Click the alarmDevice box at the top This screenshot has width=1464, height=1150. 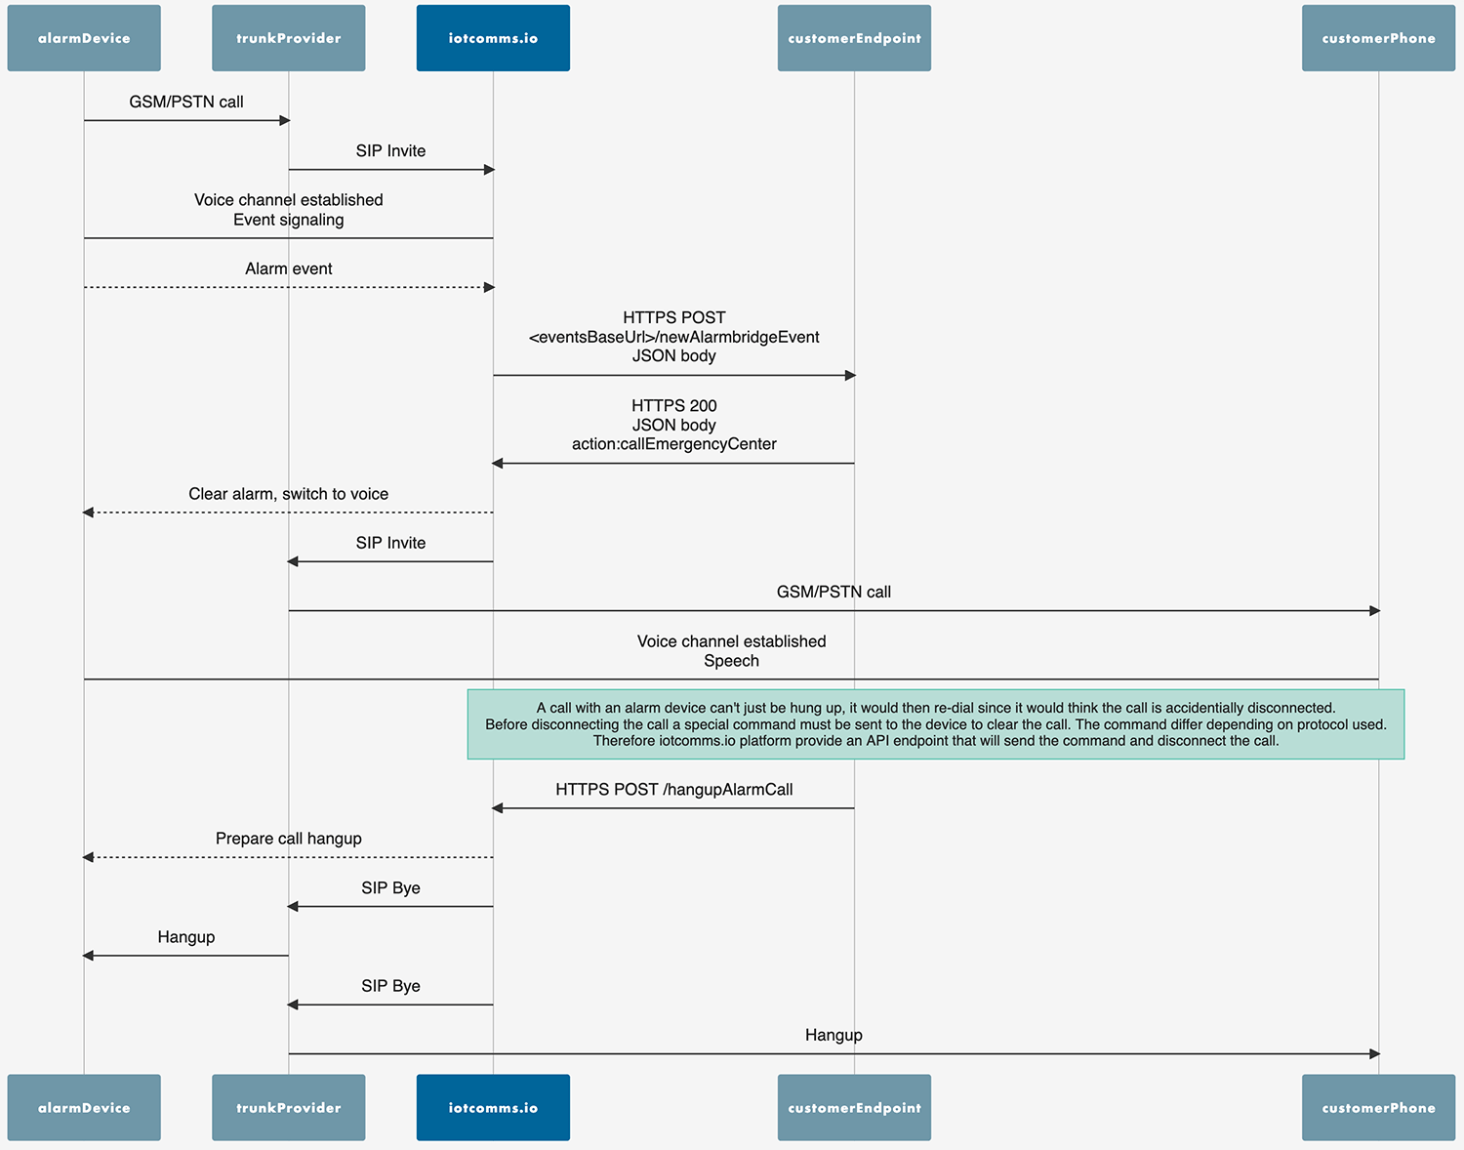pyautogui.click(x=84, y=38)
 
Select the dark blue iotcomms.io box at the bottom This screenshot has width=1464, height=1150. pyautogui.click(x=493, y=1107)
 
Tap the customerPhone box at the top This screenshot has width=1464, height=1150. pyautogui.click(x=1378, y=38)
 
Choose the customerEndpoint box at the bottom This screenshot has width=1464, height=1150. pyautogui.click(x=854, y=1107)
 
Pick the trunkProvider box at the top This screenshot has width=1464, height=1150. pyautogui.click(x=288, y=38)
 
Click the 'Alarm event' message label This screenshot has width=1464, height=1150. pyautogui.click(x=288, y=268)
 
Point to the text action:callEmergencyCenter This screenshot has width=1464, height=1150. pyautogui.click(x=673, y=444)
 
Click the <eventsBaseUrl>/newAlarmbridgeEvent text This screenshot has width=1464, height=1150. pyautogui.click(x=673, y=337)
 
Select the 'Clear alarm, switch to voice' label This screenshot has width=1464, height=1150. pyautogui.click(x=288, y=494)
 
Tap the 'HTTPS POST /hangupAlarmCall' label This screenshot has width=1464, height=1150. pyautogui.click(x=673, y=790)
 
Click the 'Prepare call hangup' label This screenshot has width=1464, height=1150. pyautogui.click(x=288, y=839)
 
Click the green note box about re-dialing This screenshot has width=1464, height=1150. pyautogui.click(x=935, y=724)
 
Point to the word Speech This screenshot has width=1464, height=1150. pyautogui.click(x=731, y=661)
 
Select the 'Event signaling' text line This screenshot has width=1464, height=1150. pyautogui.click(x=288, y=220)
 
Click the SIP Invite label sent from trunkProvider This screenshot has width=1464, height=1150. pyautogui.click(x=390, y=151)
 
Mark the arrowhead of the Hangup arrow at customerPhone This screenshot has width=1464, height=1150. pyautogui.click(x=1374, y=1053)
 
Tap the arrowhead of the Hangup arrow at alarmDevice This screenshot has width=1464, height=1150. pyautogui.click(x=88, y=955)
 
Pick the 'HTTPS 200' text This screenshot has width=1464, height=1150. pyautogui.click(x=673, y=406)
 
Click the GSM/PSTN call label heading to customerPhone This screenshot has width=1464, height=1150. pyautogui.click(x=834, y=592)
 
